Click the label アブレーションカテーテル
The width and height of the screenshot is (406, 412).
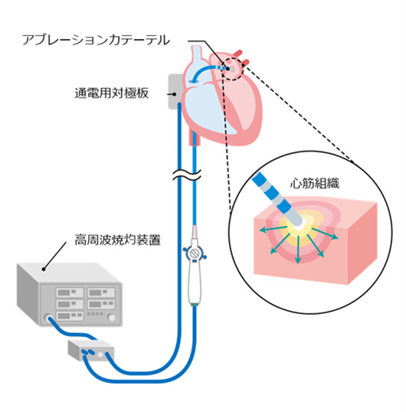pos(97,41)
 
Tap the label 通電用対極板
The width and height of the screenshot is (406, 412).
pos(112,93)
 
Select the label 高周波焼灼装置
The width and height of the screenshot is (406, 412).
pos(117,240)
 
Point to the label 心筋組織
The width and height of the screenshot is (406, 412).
pos(315,183)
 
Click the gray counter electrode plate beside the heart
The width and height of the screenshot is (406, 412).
pos(175,91)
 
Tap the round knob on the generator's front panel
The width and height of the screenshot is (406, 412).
pos(112,318)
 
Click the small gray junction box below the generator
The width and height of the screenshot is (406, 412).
pos(91,350)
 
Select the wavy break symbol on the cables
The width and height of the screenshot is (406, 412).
pos(187,175)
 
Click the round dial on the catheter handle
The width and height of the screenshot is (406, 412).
pos(195,253)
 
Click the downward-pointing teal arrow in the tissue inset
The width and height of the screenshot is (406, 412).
pos(298,250)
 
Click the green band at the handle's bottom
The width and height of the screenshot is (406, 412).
pos(195,305)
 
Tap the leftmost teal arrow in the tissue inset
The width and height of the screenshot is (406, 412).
pos(270,230)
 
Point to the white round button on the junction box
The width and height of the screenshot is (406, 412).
pos(100,355)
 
